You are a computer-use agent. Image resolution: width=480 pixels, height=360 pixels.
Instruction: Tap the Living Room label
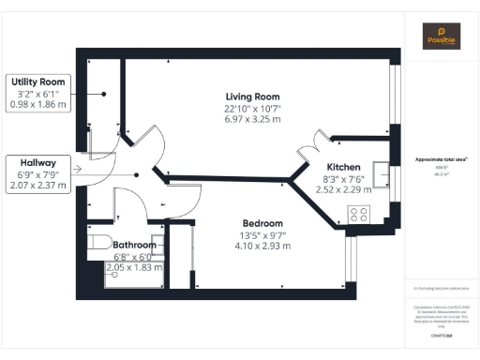(x=252, y=97)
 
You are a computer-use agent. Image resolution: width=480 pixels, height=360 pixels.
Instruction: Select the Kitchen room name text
(x=342, y=166)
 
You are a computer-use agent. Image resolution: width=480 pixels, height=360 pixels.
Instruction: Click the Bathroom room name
(x=135, y=245)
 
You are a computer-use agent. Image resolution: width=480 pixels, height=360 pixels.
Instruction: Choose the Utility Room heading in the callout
(x=38, y=82)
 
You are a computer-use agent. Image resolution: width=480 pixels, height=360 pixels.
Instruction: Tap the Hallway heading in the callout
(x=38, y=161)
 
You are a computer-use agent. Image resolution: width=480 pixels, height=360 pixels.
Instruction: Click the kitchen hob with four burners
(x=359, y=213)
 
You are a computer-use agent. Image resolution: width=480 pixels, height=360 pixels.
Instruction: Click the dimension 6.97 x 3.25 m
(x=252, y=119)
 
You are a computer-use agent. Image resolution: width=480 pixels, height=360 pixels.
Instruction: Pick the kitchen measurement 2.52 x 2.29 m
(x=342, y=188)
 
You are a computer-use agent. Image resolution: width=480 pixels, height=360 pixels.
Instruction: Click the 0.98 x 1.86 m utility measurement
(x=38, y=105)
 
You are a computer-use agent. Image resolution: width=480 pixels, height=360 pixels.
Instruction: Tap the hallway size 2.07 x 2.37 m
(x=38, y=185)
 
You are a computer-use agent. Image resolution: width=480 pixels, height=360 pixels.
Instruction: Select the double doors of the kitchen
(x=315, y=147)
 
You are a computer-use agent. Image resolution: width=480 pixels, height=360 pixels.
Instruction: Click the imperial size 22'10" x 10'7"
(x=252, y=108)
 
